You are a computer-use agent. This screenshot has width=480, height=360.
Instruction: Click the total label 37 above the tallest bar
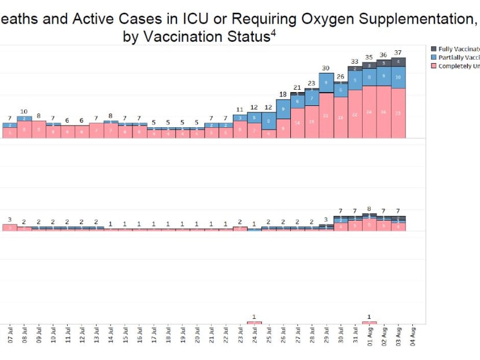click(398, 53)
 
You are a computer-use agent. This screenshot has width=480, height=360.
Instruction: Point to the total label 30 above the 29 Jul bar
click(326, 68)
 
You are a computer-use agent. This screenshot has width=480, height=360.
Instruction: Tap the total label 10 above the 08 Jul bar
click(24, 112)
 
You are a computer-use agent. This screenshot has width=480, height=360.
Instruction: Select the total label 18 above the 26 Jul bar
click(283, 94)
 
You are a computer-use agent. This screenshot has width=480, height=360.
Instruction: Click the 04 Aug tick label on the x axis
click(412, 336)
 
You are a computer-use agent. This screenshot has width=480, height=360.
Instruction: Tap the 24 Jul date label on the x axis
click(254, 336)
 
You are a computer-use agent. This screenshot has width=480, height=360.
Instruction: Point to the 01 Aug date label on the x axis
click(370, 336)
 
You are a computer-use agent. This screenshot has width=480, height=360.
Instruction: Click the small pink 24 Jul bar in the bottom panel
click(254, 322)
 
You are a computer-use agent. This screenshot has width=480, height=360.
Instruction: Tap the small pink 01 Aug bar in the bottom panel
click(370, 322)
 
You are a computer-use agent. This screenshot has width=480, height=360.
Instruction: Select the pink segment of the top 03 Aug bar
click(398, 113)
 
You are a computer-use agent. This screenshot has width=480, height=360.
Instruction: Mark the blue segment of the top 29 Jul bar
click(326, 83)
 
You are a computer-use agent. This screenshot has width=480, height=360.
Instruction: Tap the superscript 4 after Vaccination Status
click(273, 32)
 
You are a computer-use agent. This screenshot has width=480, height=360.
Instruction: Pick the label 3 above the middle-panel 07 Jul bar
click(10, 220)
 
